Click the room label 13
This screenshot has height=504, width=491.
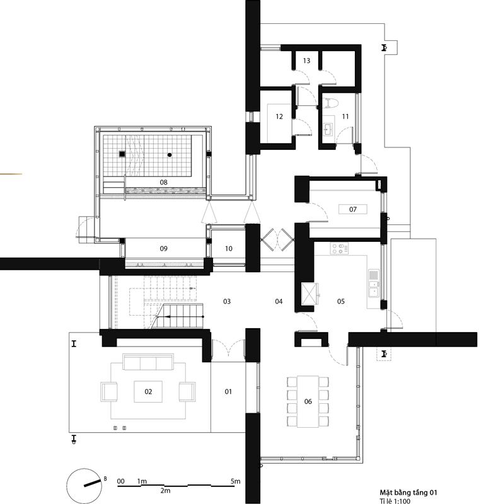306,60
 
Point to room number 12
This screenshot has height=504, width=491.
279,117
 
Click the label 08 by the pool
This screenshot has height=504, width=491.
164,182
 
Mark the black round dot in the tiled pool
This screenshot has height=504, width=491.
170,155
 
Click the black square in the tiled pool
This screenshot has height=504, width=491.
122,154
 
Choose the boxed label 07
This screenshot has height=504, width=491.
353,209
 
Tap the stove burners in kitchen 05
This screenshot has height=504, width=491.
339,248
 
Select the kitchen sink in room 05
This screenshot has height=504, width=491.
374,283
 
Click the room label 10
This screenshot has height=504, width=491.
229,248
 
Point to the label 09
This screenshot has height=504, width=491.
164,248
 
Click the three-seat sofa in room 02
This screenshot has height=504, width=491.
148,362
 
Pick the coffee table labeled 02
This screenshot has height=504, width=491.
148,391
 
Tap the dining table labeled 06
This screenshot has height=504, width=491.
308,401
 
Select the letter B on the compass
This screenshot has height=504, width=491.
105,479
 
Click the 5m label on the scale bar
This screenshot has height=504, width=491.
235,481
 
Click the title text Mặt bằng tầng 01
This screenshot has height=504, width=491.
408,493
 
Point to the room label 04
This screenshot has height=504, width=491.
279,301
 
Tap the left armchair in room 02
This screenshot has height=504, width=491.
109,391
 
